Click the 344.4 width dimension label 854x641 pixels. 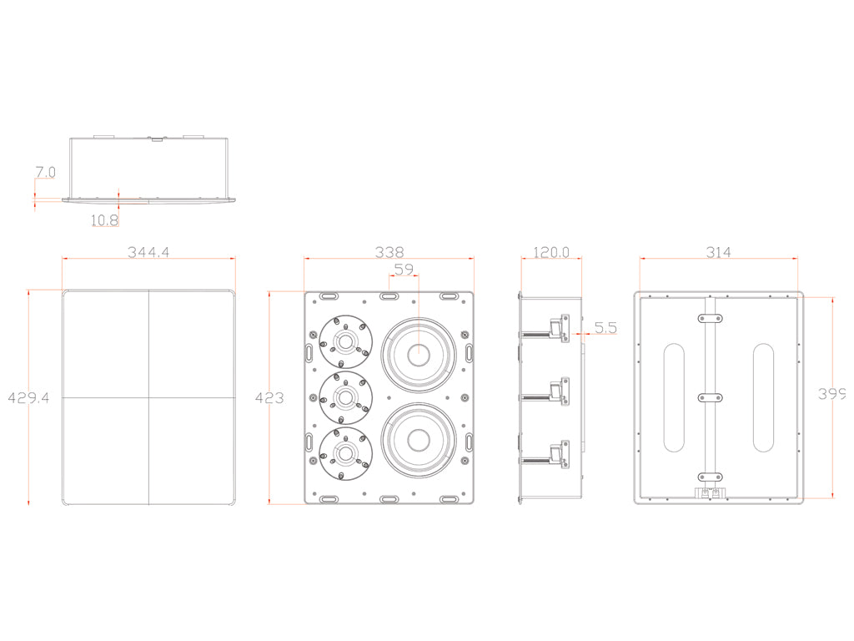click(x=148, y=252)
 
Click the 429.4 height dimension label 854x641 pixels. click(x=28, y=398)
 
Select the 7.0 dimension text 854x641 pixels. click(x=45, y=173)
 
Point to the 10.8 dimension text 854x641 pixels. click(x=104, y=220)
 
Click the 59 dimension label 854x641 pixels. click(x=404, y=269)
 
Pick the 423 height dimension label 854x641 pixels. click(x=269, y=398)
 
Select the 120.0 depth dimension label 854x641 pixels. click(x=551, y=252)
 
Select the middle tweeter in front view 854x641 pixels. click(x=344, y=396)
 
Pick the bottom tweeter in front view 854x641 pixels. click(x=344, y=453)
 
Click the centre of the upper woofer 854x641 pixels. click(x=419, y=355)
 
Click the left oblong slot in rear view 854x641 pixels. click(x=671, y=398)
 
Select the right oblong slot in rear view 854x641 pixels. click(x=764, y=398)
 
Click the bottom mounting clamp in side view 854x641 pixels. click(x=556, y=455)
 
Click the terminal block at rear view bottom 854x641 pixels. click(x=709, y=493)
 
